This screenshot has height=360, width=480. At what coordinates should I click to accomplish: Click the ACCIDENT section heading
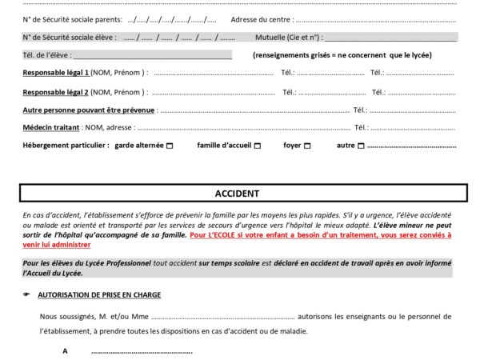237,194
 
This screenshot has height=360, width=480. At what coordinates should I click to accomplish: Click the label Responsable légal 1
56,73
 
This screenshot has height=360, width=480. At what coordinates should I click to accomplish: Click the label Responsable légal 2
56,91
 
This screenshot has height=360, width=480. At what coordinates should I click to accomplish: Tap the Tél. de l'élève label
46,54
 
